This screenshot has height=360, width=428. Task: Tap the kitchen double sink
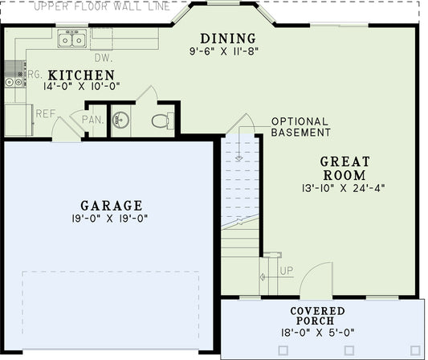tap(74, 38)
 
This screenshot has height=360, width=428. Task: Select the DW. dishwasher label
tap(103, 58)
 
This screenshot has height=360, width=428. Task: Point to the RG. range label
tap(35, 73)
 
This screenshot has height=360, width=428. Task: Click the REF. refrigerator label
tap(45, 113)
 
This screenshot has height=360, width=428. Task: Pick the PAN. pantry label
tap(92, 120)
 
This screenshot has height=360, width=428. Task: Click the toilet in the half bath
tap(161, 121)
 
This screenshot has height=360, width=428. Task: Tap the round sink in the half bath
tap(120, 121)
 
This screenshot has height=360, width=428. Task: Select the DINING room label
tap(228, 39)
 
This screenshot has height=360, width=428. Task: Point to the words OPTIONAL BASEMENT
tap(300, 127)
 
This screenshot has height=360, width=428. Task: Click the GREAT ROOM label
tap(344, 168)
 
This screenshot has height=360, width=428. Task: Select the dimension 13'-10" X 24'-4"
tap(344, 190)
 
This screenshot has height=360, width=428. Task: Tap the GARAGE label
tap(112, 205)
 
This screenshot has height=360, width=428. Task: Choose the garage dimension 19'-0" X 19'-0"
tap(112, 218)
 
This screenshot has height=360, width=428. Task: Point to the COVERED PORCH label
tap(318, 317)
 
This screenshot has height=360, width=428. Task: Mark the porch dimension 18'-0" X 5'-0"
tap(318, 331)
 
